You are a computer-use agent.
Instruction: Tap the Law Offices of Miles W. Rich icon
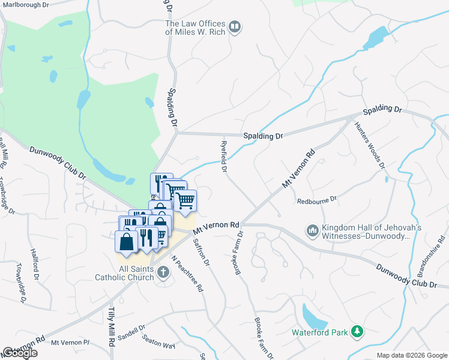(x=235, y=28)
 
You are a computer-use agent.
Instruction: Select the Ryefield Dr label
(x=223, y=157)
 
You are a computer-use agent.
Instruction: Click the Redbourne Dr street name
(x=318, y=199)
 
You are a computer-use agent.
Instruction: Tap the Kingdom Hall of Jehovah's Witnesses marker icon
(x=312, y=231)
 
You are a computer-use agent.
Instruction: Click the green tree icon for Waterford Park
(x=357, y=332)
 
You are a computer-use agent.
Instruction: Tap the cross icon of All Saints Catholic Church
(x=162, y=273)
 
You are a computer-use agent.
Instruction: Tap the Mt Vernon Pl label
(x=70, y=343)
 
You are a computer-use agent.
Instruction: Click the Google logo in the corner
(x=20, y=353)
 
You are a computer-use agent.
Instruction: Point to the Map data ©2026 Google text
(x=411, y=355)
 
